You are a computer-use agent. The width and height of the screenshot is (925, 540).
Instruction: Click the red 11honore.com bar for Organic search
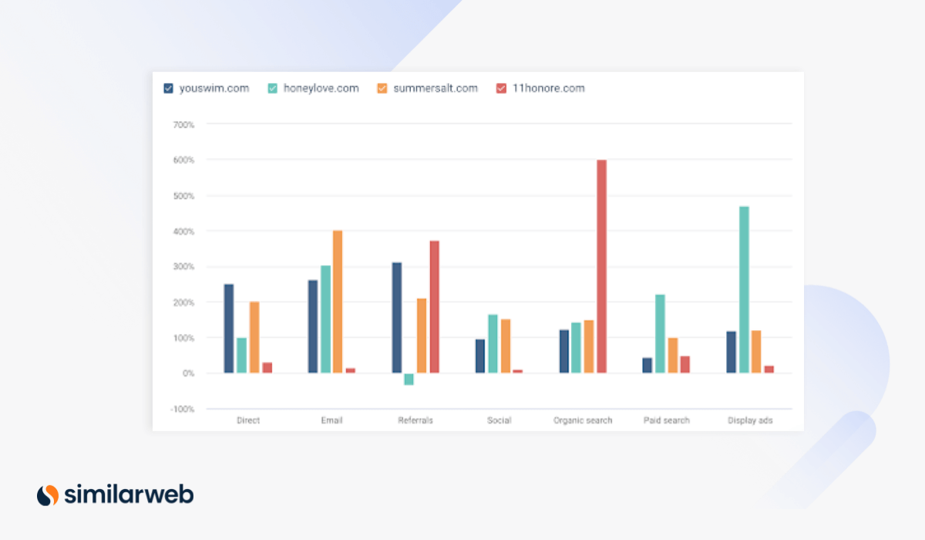[x=601, y=266]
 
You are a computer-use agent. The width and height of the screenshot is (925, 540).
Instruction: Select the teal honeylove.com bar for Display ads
[x=744, y=290]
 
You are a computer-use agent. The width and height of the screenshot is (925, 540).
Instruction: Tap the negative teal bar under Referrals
[x=409, y=379]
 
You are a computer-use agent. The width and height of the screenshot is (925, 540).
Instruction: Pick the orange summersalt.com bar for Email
[x=338, y=302]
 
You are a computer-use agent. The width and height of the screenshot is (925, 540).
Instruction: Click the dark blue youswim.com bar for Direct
[x=229, y=329]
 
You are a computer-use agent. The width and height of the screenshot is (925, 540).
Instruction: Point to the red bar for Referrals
[x=434, y=307]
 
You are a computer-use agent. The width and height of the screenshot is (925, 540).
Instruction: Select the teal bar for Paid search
[x=660, y=334]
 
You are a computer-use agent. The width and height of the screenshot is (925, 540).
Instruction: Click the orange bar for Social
[x=506, y=346]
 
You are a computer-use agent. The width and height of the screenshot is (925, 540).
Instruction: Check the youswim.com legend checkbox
[x=169, y=89]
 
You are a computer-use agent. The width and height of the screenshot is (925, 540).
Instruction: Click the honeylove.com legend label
[x=321, y=88]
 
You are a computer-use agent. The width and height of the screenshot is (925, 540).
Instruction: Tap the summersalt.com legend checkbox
[x=382, y=89]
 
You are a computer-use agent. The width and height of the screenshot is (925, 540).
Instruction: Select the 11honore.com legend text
[x=548, y=88]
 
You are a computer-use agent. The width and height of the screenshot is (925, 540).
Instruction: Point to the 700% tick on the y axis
[x=183, y=124]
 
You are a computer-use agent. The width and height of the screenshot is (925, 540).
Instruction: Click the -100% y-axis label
[x=182, y=409]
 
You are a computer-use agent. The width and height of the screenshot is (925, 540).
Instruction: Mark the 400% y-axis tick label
[x=183, y=231]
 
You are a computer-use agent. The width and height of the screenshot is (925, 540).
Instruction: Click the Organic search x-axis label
[x=583, y=420]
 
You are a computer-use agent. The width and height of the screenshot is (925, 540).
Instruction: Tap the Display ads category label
[x=750, y=420]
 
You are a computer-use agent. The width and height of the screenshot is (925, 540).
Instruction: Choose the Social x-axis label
[x=499, y=420]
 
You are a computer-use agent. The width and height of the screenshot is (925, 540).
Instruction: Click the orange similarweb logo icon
[x=48, y=494]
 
